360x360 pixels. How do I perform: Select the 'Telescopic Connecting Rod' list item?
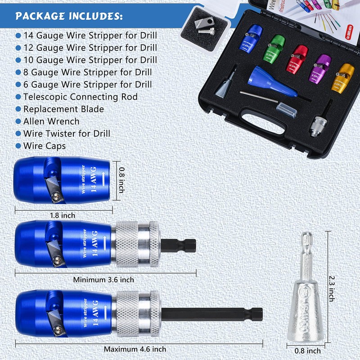pyautogui.click(x=80, y=97)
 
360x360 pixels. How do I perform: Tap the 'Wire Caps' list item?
pyautogui.click(x=44, y=146)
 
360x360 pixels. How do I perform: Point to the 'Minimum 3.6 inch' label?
pyautogui.click(x=103, y=279)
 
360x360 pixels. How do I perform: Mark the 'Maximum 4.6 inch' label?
pyautogui.click(x=135, y=349)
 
